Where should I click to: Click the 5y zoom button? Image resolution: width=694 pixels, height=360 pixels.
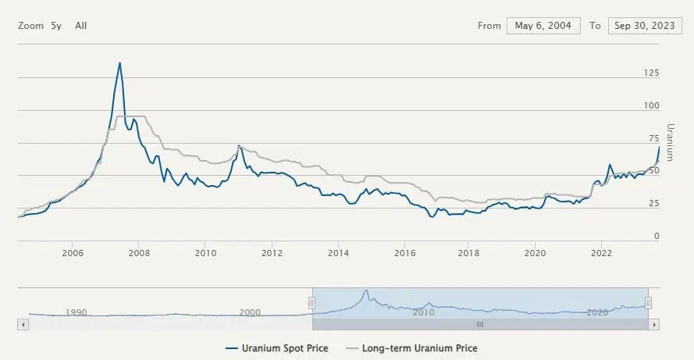56,26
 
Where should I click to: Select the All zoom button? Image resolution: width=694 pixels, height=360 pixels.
81,26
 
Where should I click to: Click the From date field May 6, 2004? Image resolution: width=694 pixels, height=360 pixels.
543,26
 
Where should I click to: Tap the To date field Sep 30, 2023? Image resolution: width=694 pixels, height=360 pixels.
644,26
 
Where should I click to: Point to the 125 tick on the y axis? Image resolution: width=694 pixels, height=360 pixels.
650,73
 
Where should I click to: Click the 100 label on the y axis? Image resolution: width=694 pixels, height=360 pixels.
650,105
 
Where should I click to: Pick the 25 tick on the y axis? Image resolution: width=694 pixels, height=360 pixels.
653,204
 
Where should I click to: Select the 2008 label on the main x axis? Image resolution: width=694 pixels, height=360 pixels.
139,252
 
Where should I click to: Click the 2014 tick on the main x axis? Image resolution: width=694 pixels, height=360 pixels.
339,252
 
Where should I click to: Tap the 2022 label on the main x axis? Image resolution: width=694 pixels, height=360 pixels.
601,252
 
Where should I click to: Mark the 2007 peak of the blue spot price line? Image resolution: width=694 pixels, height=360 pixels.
119,62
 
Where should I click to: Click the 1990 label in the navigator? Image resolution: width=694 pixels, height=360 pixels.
76,312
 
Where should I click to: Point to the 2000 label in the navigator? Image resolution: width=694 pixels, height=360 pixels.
250,312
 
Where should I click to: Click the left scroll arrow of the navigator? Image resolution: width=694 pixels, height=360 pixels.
23,323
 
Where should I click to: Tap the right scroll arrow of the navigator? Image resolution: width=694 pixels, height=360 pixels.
654,323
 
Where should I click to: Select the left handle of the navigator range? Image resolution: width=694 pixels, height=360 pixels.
312,303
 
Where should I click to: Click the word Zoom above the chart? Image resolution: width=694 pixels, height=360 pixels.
30,26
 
